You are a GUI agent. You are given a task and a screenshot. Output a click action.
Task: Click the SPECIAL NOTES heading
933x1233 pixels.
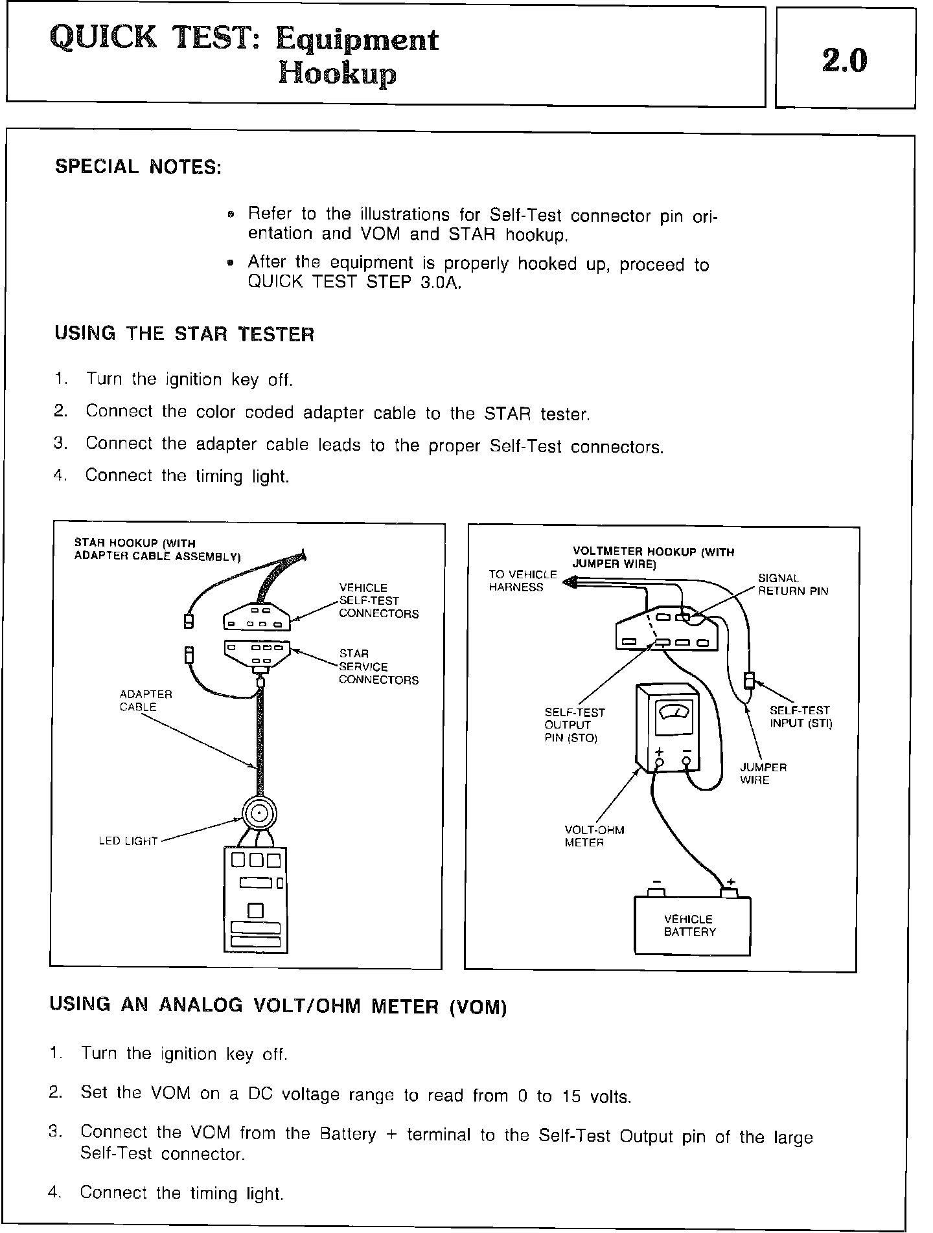pos(138,167)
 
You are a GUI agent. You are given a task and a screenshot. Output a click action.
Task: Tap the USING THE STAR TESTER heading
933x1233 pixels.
pos(185,334)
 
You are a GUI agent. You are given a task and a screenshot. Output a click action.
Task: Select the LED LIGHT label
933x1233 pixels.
pos(128,841)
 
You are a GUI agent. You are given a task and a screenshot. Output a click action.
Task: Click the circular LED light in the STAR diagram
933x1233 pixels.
pos(259,813)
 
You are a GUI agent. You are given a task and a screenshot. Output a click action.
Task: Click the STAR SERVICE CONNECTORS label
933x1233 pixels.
pos(378,667)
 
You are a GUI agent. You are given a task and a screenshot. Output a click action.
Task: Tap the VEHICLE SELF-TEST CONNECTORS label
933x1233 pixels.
pos(378,601)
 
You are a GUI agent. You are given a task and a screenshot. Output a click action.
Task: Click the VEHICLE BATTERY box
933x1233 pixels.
pos(691,925)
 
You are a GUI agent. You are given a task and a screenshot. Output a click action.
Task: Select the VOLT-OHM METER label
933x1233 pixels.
pos(594,837)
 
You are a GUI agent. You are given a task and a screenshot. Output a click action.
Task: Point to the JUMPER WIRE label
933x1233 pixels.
pos(763,774)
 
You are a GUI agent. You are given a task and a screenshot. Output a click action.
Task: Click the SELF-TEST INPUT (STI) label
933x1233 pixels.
pos(800,717)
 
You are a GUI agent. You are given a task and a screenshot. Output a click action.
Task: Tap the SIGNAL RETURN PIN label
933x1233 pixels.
pos(792,585)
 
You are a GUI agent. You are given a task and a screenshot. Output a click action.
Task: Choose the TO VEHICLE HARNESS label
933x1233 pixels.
pos(522,581)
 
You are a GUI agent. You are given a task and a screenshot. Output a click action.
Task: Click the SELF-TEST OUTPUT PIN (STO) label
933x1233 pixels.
pos(574,725)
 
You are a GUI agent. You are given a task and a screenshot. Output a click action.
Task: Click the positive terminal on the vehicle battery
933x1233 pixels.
pos(730,892)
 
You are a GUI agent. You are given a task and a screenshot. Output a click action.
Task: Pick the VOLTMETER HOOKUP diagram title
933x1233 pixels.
pos(653,558)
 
